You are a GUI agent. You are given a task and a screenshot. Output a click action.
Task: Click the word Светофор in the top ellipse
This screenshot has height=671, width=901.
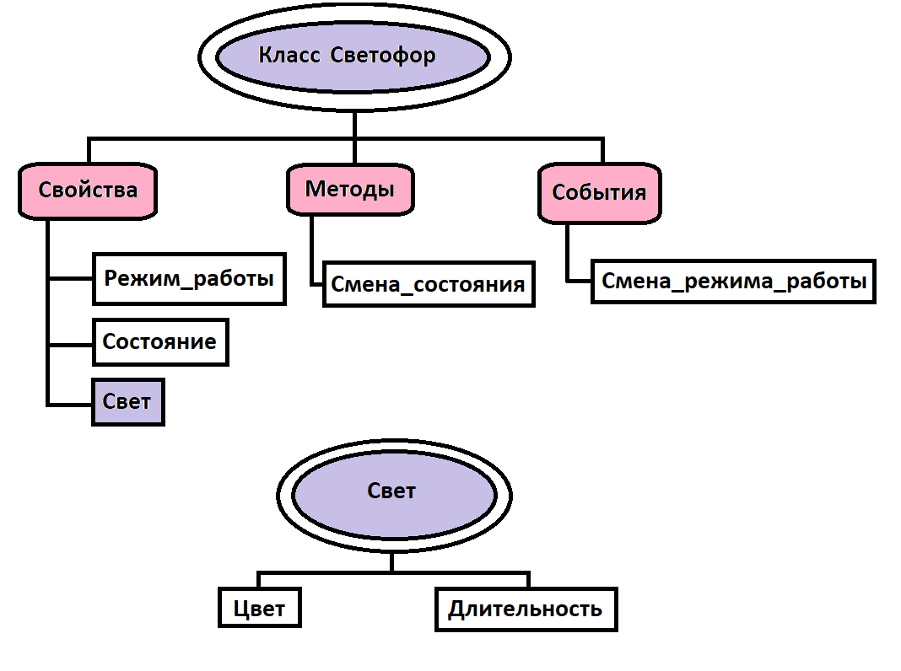pos(384,56)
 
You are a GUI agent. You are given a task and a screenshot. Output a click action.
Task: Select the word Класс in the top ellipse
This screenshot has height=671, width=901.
pos(289,56)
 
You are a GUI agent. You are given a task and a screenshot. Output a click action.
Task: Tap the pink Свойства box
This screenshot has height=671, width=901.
pos(88,190)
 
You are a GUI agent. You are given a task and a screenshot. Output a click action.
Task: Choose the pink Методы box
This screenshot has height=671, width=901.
pos(349,189)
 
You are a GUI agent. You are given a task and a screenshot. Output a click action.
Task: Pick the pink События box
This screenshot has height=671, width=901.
pos(599,193)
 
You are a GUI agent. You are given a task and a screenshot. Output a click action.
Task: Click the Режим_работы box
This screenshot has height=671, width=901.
pos(189,279)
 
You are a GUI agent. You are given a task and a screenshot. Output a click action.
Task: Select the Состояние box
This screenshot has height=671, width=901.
pos(159,342)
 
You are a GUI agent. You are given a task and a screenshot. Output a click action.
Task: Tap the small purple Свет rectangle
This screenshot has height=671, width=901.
pos(127,402)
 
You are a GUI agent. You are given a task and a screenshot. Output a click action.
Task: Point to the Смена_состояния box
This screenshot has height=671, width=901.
pos(428,284)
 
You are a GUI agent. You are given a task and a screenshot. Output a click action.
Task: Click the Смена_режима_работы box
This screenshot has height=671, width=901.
pos(734,281)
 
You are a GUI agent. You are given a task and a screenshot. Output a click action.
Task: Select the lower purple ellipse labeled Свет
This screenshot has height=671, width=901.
pos(393,491)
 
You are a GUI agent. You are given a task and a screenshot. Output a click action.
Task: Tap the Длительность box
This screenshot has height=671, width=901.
pos(525,609)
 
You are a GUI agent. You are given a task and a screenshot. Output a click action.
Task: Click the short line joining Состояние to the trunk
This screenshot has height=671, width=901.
pos(71,344)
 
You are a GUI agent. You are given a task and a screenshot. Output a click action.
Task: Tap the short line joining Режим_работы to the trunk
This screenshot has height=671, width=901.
pos(71,279)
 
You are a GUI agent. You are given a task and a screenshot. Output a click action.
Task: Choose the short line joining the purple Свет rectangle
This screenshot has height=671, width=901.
pos(71,405)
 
